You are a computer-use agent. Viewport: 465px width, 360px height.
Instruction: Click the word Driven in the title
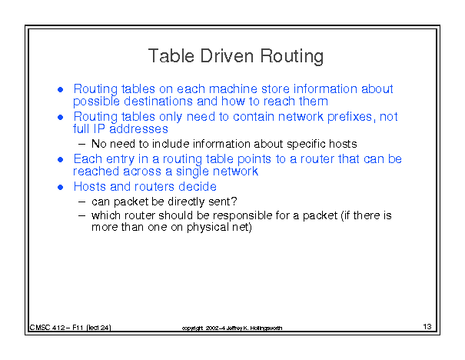227,55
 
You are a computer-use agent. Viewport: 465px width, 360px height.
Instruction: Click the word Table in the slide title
171,55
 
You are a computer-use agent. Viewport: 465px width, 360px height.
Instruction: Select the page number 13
427,326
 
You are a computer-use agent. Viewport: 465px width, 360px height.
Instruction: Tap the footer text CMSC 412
48,328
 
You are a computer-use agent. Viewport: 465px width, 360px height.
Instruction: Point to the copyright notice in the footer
232,328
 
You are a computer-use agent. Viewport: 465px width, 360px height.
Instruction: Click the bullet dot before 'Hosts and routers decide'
61,187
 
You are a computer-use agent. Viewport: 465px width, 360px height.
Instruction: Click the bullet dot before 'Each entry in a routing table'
61,160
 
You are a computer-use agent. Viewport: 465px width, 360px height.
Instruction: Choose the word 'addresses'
138,128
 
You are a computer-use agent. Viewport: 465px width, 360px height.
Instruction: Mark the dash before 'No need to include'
81,145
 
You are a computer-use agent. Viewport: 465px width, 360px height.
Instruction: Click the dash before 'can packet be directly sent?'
81,202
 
